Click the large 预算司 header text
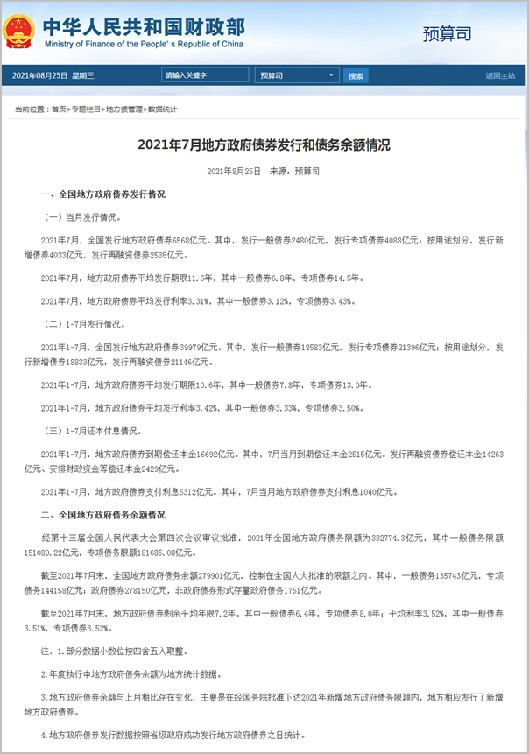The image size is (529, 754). [x=447, y=34]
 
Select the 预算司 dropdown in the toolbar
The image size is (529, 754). [x=297, y=76]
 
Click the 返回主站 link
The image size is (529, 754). [x=500, y=76]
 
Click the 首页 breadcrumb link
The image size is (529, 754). [x=58, y=109]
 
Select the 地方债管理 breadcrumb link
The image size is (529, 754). [x=123, y=109]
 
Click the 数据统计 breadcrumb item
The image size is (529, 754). [x=162, y=109]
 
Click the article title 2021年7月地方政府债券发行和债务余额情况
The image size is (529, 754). [x=264, y=144]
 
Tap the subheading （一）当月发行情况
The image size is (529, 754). [x=83, y=215]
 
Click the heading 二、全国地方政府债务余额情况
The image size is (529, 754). [x=102, y=516]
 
